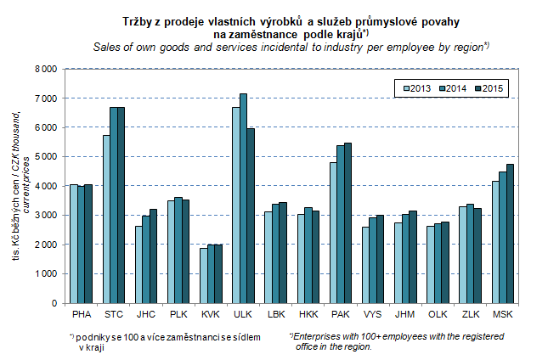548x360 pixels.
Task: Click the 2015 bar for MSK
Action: pos(509,233)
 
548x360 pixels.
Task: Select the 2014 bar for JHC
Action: pos(146,259)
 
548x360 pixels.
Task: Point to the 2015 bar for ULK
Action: pos(251,216)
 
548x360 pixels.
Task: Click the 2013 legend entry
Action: pos(416,88)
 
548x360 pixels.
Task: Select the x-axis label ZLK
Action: pos(470,314)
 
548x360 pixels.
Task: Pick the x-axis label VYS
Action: pos(373,314)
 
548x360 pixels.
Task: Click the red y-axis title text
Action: pos(18,186)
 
